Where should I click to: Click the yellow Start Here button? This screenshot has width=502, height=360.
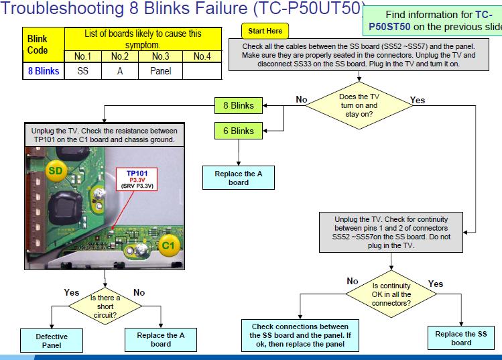coord(265,31)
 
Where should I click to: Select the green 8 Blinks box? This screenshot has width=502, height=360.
coord(238,105)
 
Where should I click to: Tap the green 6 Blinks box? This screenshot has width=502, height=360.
coord(238,131)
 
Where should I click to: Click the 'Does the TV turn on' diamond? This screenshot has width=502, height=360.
coord(359,105)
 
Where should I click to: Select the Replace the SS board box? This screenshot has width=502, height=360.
coord(461,338)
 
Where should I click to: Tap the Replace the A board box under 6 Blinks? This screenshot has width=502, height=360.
coord(238,178)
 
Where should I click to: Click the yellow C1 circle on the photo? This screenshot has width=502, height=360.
coord(168,245)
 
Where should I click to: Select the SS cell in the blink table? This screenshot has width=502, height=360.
coord(82,70)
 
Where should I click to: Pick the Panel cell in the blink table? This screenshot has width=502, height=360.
coord(160,70)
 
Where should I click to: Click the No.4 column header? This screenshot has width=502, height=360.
coord(202,56)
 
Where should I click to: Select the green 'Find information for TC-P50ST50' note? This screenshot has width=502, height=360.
coord(434,21)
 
